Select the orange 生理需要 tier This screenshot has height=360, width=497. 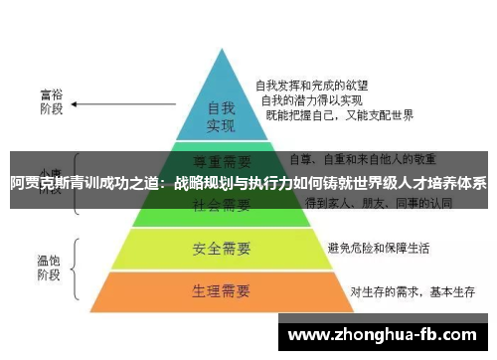pyautogui.click(x=221, y=292)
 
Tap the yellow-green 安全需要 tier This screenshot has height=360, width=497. pyautogui.click(x=221, y=247)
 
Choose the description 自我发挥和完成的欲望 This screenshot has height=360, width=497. pyautogui.click(x=307, y=85)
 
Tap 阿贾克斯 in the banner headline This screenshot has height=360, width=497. pyautogui.click(x=40, y=183)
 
